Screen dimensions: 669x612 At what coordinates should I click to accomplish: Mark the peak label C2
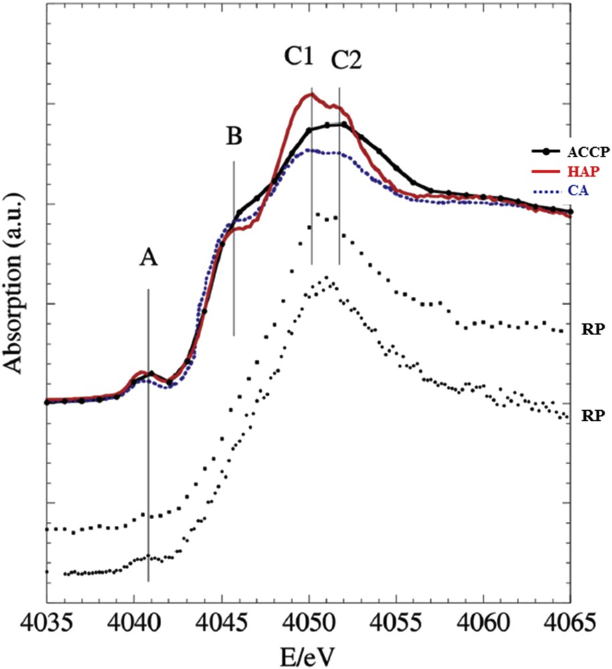tap(346, 62)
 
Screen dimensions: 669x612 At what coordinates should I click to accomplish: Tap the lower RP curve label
tap(593, 415)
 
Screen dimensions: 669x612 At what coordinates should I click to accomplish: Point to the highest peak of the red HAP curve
tap(309, 94)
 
